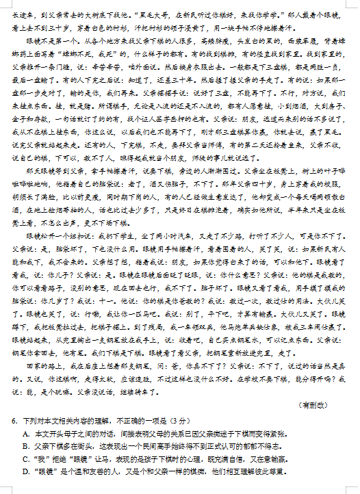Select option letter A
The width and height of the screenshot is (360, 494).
(25, 434)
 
